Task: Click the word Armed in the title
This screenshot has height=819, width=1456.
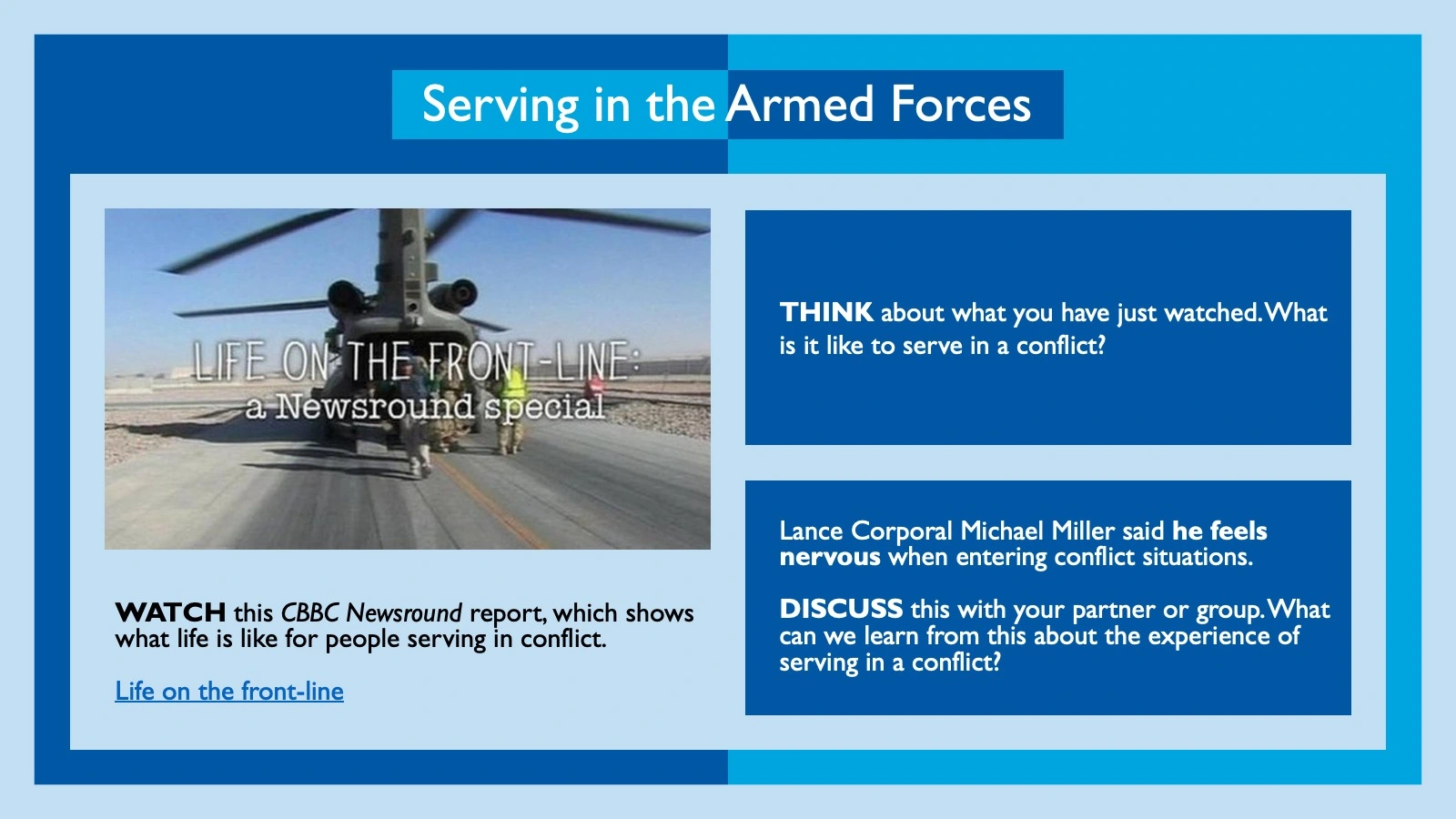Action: (x=800, y=105)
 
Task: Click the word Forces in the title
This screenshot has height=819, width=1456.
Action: (x=961, y=105)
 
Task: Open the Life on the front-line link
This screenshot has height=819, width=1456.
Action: (x=229, y=692)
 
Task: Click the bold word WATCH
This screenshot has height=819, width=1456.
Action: (x=170, y=612)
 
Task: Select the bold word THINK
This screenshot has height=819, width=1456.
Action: (x=826, y=313)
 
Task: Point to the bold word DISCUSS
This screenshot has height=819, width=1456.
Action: (x=841, y=609)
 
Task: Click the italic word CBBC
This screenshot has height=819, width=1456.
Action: (x=309, y=612)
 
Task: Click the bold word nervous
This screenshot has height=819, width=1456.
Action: (x=830, y=557)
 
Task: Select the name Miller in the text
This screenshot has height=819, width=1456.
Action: (x=1083, y=531)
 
